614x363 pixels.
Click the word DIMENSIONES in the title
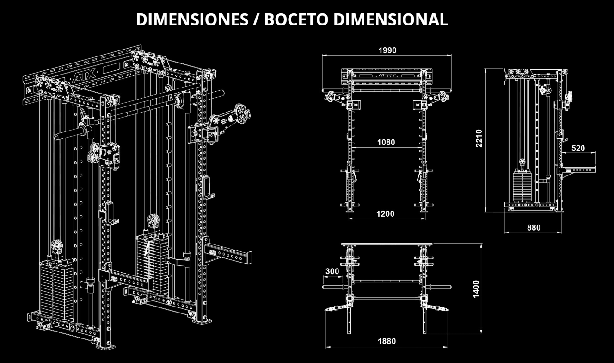192,19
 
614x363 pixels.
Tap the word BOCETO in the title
296,19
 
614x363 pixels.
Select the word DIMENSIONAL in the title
391,19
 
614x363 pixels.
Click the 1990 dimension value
387,50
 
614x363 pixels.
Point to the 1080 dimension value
386,142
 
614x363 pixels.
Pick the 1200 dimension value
386,213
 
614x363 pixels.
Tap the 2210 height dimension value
479,138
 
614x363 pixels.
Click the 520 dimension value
578,148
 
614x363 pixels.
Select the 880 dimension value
534,228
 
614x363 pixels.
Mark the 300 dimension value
332,271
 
